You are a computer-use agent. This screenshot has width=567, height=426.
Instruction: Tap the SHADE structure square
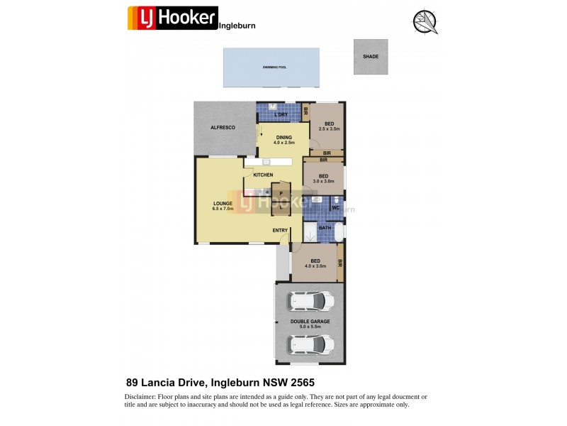click(x=371, y=57)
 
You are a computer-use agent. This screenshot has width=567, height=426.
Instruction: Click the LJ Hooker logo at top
click(x=172, y=17)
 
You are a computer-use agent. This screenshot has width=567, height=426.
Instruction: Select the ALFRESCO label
click(x=222, y=127)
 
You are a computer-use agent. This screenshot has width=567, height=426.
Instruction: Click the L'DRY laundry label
click(x=281, y=115)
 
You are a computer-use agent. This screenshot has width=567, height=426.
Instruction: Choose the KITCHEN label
click(x=263, y=175)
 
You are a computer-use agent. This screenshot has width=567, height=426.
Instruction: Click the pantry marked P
click(x=281, y=193)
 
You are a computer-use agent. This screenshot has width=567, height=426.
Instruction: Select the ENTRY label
click(x=280, y=230)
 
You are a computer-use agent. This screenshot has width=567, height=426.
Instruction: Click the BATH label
click(x=325, y=228)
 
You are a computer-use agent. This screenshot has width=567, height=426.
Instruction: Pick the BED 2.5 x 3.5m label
click(x=330, y=126)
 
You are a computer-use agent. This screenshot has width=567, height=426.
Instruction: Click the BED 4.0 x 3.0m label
click(x=315, y=263)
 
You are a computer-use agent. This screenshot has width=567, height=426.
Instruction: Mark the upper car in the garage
click(x=310, y=302)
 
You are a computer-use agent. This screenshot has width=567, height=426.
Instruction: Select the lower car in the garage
click(x=310, y=344)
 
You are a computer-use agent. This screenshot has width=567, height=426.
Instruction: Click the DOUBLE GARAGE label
click(x=310, y=324)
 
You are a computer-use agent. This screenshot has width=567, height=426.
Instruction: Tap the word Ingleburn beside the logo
click(x=237, y=25)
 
